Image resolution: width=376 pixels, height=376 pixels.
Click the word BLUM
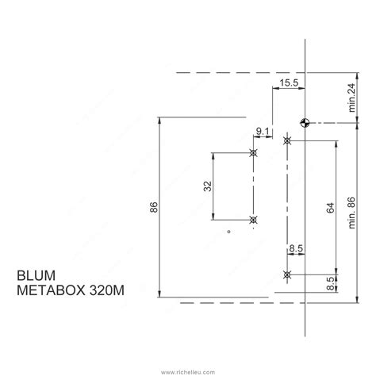click(34, 277)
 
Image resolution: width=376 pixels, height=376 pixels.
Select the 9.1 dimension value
click(263, 132)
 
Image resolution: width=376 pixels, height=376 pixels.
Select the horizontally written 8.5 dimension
click(295, 249)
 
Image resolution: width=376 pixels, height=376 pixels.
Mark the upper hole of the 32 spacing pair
click(253, 152)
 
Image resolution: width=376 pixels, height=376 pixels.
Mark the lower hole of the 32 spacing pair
click(253, 220)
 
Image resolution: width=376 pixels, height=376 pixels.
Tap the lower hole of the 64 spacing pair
click(287, 274)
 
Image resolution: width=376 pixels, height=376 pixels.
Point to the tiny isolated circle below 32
click(228, 232)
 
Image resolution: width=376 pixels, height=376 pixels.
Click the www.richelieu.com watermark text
click(188, 369)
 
